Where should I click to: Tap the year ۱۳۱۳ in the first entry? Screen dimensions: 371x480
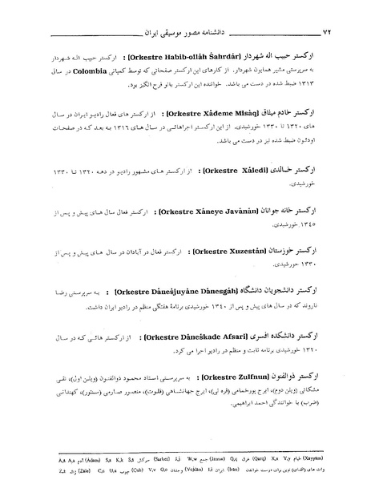tap(340, 80)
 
